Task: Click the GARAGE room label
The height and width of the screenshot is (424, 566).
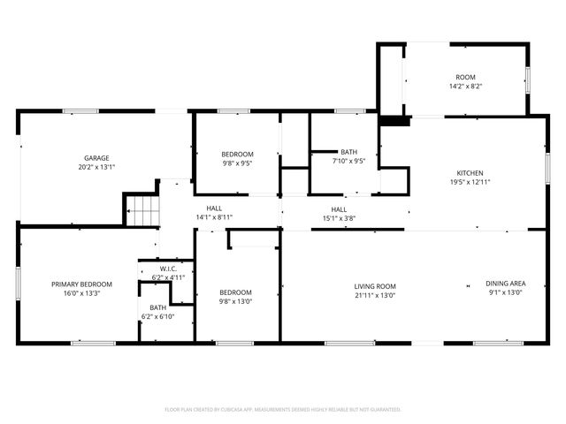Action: coord(96,157)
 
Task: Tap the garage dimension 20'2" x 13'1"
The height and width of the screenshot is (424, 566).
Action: coord(96,167)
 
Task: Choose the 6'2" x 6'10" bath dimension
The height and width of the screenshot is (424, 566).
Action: coord(157,316)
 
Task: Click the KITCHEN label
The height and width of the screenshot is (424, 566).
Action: coord(469,172)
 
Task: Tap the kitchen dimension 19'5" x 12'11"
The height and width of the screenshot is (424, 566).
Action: coord(469,182)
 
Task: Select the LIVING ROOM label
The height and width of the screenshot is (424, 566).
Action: coord(375,286)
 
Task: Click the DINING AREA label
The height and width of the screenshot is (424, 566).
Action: coord(504,284)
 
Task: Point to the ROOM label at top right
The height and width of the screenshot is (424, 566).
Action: coord(465,78)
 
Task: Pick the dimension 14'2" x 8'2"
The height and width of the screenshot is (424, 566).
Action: coord(465,87)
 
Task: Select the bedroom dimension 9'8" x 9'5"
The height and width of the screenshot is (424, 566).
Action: coord(236,163)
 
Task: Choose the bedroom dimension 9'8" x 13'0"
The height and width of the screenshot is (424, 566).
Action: coord(236,302)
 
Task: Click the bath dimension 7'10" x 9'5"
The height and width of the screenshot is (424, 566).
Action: coord(348,162)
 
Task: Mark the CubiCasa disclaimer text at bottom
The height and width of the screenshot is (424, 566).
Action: coord(283,410)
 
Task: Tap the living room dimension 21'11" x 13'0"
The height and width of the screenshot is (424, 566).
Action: coord(375,296)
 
